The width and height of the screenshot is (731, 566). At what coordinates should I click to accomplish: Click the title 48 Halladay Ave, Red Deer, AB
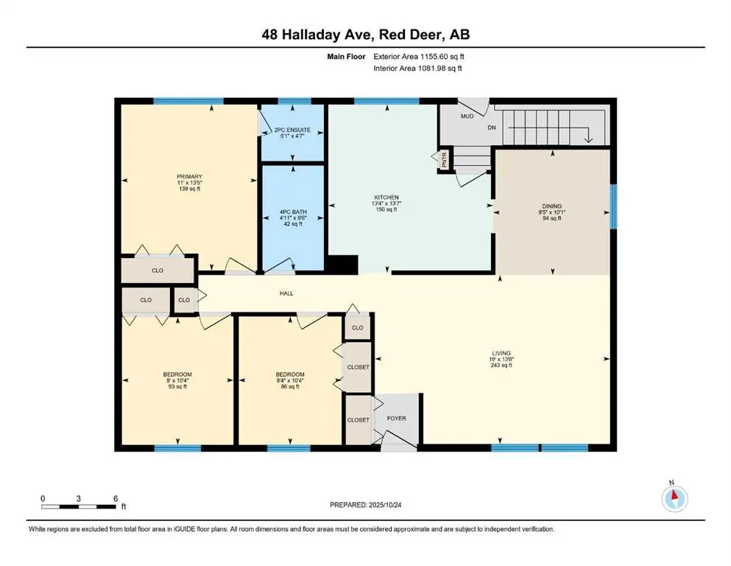[x=365, y=34]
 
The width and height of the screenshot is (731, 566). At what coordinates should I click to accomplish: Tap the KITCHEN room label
[x=386, y=198]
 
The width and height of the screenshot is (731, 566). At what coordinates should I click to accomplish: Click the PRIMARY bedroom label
[x=189, y=177]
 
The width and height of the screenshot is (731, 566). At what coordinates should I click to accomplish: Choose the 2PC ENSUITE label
[x=292, y=130]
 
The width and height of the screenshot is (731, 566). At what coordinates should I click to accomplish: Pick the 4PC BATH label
[x=292, y=212]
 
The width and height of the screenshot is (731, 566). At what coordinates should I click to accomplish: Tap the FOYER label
[x=397, y=419]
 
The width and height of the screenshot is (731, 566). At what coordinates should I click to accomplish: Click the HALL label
[x=286, y=293]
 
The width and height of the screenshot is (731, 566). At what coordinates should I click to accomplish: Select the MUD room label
[x=467, y=116]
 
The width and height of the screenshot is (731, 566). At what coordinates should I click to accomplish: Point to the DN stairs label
[x=492, y=127]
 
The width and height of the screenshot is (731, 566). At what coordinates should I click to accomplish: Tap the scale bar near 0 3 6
[x=79, y=506]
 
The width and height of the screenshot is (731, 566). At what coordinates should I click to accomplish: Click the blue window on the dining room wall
[x=612, y=207]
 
